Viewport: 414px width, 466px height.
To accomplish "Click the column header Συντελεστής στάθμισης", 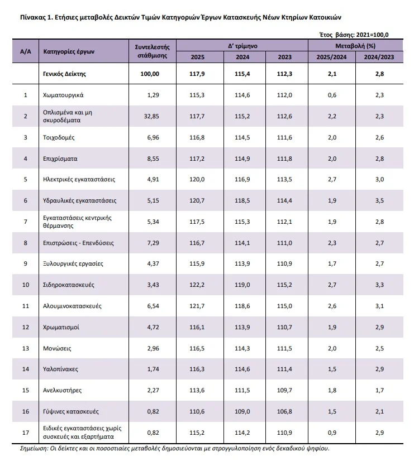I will click(153, 51).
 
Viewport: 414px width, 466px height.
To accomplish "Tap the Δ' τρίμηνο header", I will click(243, 46).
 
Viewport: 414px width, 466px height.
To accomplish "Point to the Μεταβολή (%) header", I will click(355, 46).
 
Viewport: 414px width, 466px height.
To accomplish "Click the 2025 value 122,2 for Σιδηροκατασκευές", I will click(198, 285).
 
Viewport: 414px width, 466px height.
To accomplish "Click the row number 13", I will click(25, 348).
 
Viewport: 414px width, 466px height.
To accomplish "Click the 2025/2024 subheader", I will click(332, 57).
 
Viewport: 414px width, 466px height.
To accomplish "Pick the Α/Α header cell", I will click(25, 51).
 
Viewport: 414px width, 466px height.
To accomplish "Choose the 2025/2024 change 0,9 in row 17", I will click(332, 432).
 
